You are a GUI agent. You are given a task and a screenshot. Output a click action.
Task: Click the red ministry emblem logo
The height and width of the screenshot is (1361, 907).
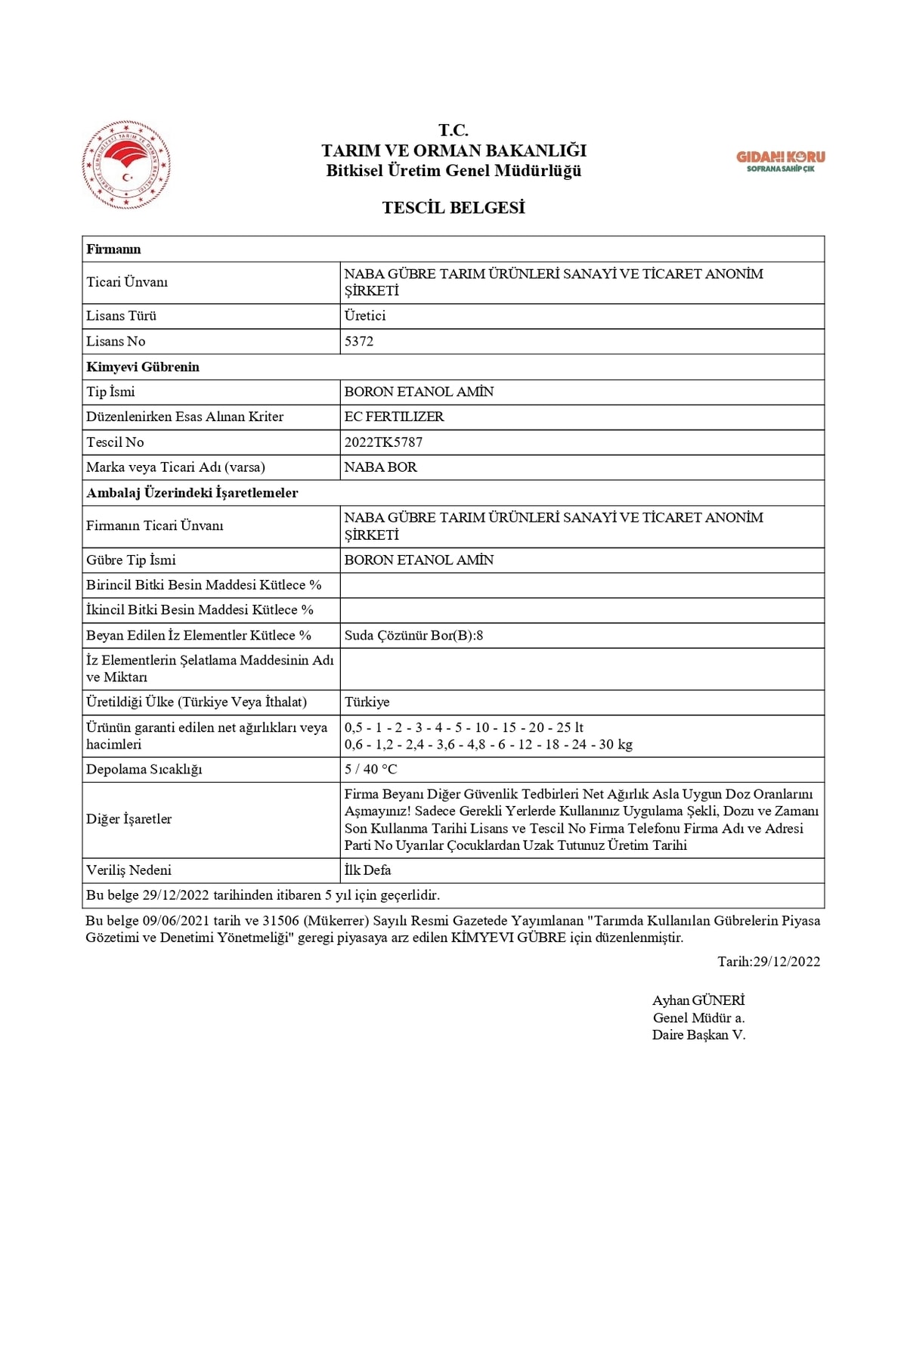pos(126,165)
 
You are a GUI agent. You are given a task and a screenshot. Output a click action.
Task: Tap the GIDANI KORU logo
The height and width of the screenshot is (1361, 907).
pos(781,160)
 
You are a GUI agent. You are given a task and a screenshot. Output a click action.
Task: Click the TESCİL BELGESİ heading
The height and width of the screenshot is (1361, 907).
pos(453,208)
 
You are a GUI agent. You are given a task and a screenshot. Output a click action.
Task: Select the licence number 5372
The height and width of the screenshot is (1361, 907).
pos(359,341)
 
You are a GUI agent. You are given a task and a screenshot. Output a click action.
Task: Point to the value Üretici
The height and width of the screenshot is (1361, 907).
pos(365,316)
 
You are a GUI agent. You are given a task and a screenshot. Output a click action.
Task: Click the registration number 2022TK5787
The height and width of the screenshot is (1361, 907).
pos(383,442)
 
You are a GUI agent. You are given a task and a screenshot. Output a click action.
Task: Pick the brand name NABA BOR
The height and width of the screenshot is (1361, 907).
pos(380,467)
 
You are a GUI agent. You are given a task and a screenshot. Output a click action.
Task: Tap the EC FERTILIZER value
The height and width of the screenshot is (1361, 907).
pos(394,417)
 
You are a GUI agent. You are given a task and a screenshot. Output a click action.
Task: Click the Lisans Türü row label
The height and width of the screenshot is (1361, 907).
pos(121,316)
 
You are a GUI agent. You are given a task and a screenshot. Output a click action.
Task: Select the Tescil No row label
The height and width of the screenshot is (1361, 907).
pos(115,442)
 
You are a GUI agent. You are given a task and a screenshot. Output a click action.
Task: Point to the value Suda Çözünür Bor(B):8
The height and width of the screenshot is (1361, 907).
pos(413,635)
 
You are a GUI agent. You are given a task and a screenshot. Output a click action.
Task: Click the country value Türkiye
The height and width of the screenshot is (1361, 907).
pos(367,702)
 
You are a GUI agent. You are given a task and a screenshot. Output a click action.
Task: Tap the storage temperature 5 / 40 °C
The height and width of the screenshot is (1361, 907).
pos(370,769)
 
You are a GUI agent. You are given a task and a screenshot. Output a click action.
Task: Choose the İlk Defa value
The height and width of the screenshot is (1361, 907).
pos(367,870)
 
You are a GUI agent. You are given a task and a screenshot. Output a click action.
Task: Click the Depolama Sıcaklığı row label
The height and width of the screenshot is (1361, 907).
pos(144,769)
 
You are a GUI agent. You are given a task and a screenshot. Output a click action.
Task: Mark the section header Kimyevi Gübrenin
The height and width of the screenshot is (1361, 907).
pos(143,367)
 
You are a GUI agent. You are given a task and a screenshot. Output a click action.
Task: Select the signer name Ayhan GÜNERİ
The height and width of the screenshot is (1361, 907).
pos(698,1000)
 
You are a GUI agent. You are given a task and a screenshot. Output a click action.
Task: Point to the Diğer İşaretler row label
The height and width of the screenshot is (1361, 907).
pos(128,819)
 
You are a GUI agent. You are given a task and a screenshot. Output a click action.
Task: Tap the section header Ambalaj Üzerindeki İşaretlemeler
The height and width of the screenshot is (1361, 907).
pos(192,493)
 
